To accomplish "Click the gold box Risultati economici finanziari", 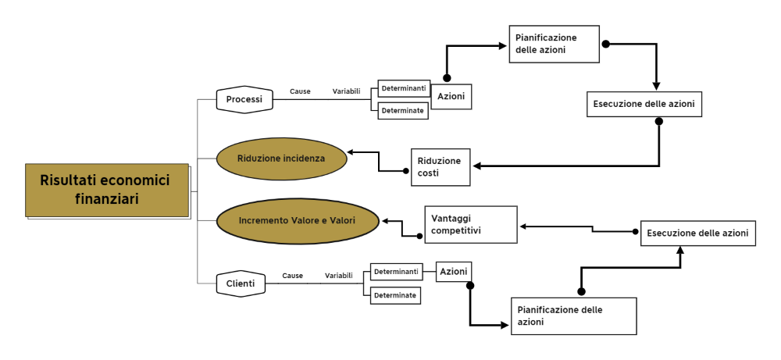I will (107, 190).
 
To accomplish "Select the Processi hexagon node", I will (244, 100).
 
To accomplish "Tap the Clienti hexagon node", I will (240, 283).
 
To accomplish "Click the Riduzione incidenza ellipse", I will (281, 159).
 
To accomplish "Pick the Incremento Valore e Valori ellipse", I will (297, 220).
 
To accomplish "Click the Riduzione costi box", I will (441, 166).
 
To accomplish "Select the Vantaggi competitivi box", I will (471, 225).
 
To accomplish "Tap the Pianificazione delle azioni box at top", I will (555, 44).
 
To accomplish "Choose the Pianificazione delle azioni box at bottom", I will (573, 315).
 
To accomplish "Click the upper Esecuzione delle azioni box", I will (644, 104).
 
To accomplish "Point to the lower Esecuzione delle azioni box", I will (698, 233).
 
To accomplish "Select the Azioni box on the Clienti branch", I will (454, 271).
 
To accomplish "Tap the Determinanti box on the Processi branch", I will (404, 88).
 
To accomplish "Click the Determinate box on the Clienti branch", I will (394, 295).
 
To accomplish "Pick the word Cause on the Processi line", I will (300, 91).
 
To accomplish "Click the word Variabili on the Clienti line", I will (338, 276).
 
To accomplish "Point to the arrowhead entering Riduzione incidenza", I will (351, 151).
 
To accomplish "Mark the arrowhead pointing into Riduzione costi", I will (476, 166).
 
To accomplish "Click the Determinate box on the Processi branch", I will (404, 111).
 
